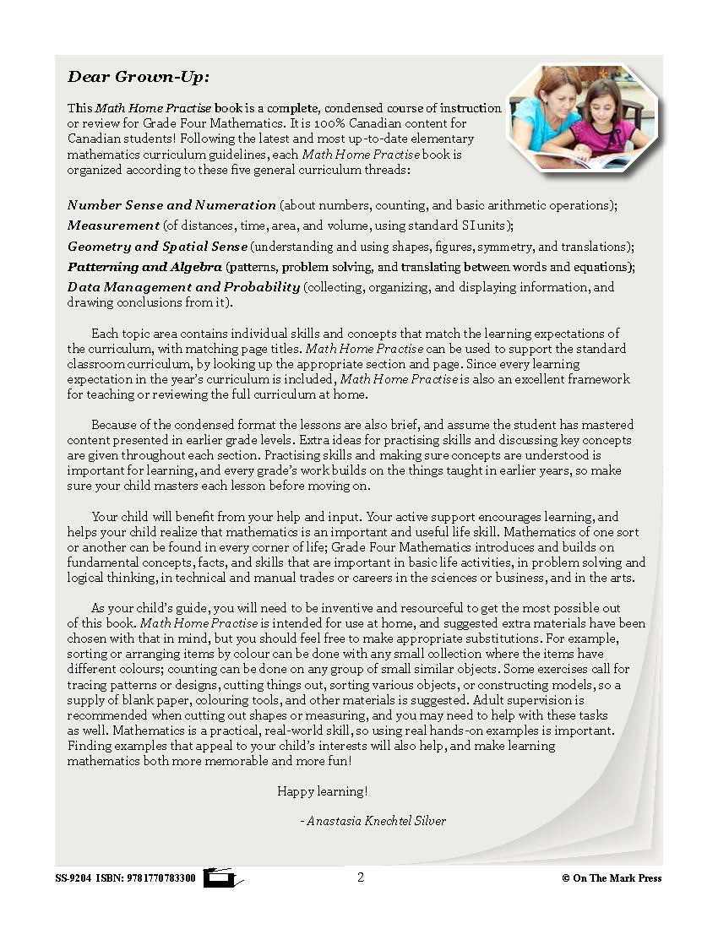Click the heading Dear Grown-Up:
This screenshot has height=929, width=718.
click(x=138, y=77)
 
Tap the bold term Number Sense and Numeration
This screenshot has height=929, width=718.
click(x=171, y=205)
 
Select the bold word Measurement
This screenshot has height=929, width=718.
click(x=113, y=225)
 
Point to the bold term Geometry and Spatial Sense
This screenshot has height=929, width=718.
click(x=157, y=247)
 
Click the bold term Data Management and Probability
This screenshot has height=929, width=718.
click(x=183, y=287)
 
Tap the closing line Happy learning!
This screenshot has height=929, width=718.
click(x=322, y=791)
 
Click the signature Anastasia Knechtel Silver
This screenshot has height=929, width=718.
click(x=376, y=821)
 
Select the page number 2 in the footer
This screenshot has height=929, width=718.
click(x=361, y=877)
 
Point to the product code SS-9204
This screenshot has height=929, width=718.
click(x=73, y=878)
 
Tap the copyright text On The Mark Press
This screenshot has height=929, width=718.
click(x=617, y=878)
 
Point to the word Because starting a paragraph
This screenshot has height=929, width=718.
click(x=117, y=425)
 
